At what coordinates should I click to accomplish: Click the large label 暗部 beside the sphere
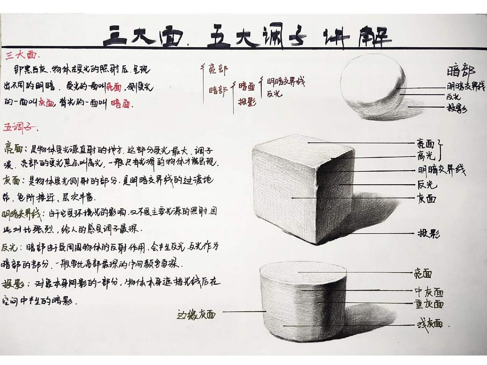click(461, 71)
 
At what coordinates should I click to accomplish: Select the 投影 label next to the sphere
click(456, 109)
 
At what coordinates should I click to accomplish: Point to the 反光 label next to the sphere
click(454, 97)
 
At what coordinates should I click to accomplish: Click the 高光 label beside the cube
click(426, 156)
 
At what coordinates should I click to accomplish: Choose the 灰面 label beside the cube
click(427, 198)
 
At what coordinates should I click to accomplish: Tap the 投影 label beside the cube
click(429, 234)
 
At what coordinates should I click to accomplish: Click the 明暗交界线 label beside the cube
click(441, 170)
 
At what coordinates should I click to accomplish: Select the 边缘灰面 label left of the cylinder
click(196, 315)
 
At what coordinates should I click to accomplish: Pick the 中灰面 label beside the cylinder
click(429, 292)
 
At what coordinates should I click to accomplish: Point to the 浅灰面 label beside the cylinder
click(430, 324)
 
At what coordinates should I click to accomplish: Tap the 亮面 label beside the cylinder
click(423, 274)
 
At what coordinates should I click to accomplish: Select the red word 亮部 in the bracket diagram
click(218, 69)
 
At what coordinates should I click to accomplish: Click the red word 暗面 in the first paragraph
click(120, 103)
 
